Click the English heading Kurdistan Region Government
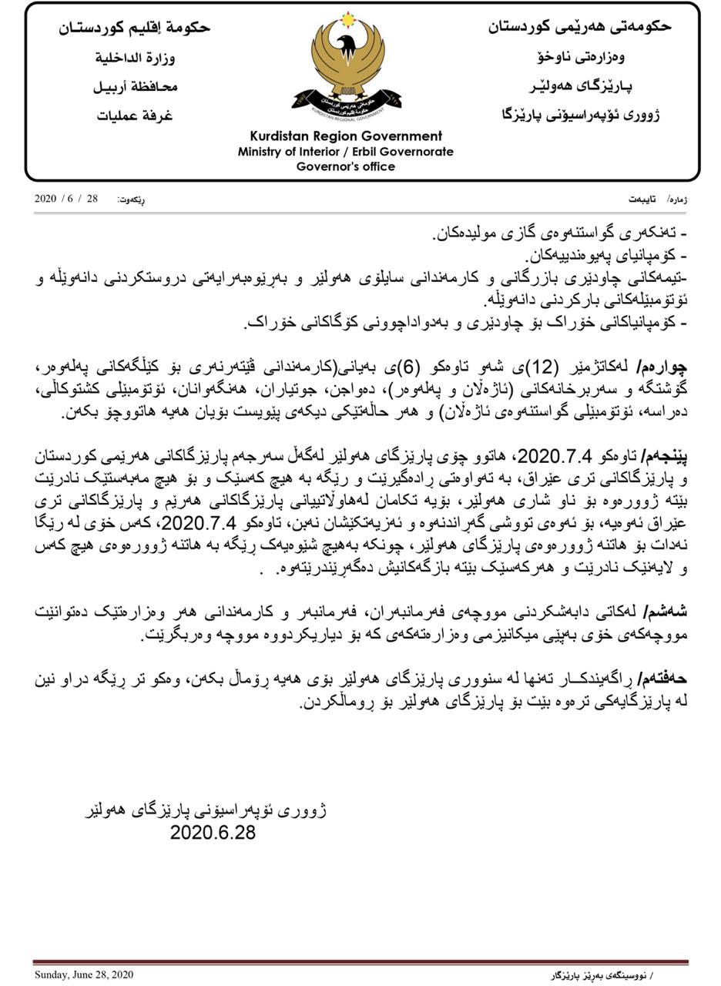pos(346,136)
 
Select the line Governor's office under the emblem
pos(346,166)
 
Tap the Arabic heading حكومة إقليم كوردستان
pos(135,28)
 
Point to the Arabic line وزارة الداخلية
pos(135,58)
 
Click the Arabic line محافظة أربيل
pos(136,86)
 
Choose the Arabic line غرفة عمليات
pos(135,116)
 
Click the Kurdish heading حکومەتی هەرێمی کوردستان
pos(579,26)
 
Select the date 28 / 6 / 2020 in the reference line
pos(66,199)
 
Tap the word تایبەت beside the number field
pos(642,200)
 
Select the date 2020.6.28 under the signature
pos(213,833)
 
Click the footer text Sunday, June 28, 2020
pos(84,975)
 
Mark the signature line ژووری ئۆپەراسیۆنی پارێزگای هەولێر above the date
pos(206,810)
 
